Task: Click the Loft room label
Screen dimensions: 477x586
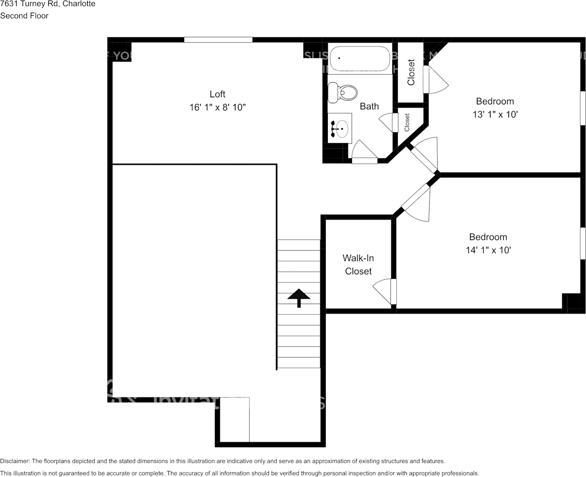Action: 217,94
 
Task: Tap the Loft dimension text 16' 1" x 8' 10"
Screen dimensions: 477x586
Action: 217,107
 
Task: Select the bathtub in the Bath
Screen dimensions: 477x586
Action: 359,58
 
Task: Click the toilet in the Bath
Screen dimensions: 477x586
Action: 342,92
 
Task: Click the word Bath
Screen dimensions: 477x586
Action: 369,106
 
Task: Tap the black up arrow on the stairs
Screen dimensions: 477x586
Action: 299,297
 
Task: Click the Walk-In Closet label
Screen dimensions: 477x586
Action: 358,265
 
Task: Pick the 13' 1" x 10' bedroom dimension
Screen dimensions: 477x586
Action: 495,114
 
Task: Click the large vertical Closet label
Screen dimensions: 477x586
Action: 411,72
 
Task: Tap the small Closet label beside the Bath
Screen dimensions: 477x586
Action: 407,122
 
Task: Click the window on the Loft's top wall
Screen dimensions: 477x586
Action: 218,40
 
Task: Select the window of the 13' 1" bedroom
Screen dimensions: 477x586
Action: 582,107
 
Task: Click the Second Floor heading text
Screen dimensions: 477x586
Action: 24,16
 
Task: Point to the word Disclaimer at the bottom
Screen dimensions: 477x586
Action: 15,461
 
